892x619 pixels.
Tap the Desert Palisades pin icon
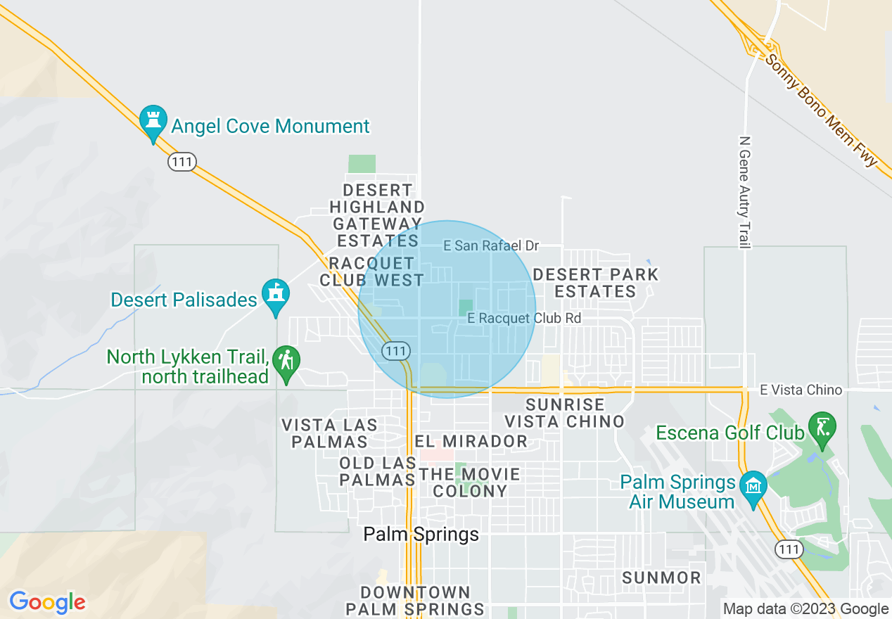tap(276, 297)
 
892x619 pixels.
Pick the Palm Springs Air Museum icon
tap(753, 487)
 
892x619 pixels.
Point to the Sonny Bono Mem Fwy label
tap(822, 111)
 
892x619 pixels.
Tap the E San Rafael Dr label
tap(491, 245)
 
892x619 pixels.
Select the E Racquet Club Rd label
tap(524, 318)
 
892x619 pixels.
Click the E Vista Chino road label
tap(801, 390)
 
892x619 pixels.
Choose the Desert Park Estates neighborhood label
tap(596, 283)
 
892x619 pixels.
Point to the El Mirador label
tap(471, 441)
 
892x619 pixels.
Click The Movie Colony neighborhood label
tap(469, 483)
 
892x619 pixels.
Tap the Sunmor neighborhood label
tap(662, 578)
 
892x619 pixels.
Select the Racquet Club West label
tap(372, 272)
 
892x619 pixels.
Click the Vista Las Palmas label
tap(329, 433)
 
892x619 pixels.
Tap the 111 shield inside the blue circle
tap(395, 350)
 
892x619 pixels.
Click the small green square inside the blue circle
tap(466, 307)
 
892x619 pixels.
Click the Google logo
tap(47, 602)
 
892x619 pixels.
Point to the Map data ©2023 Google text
tap(806, 609)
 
